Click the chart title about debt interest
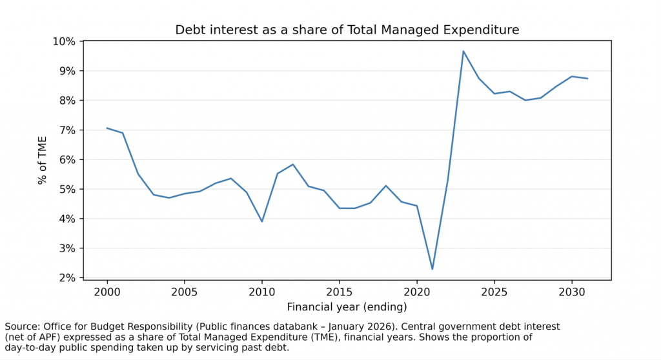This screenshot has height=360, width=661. [347, 30]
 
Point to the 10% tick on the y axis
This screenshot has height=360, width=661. [67, 41]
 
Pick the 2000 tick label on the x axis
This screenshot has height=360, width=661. [107, 292]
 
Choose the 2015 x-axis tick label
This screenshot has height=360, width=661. [340, 292]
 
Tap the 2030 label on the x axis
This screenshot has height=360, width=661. [572, 292]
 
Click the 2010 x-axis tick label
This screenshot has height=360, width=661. [262, 292]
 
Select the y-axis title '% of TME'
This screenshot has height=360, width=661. [43, 159]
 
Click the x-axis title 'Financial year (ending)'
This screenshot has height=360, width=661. [347, 306]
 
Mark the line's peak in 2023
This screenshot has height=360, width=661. [463, 51]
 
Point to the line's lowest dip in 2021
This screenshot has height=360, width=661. [432, 269]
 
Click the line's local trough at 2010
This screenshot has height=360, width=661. [262, 221]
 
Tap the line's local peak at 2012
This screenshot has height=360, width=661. [293, 165]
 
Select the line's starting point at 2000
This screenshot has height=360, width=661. [107, 128]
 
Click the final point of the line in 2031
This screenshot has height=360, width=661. [587, 79]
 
